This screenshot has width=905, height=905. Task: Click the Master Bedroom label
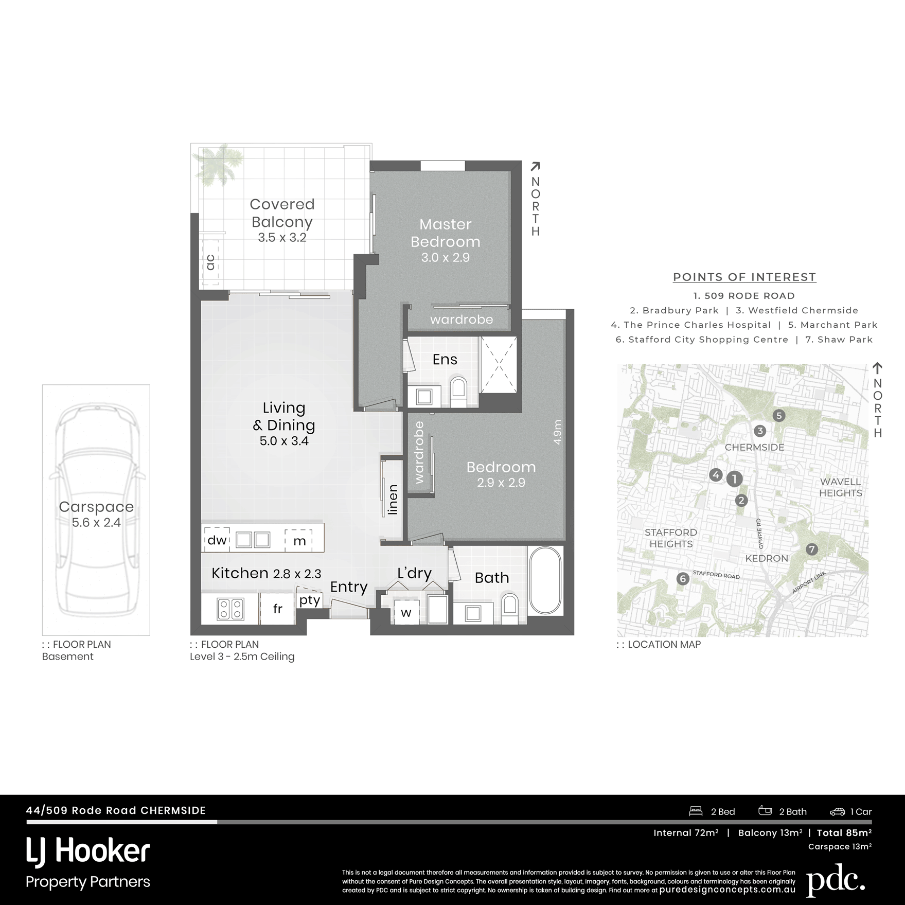[446, 233]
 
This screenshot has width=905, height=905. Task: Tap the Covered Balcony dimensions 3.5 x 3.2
[282, 238]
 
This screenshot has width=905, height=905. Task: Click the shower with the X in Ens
[498, 364]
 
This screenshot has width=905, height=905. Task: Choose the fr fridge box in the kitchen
[277, 609]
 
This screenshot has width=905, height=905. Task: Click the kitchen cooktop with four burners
[230, 609]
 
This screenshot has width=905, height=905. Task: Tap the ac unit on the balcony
[210, 262]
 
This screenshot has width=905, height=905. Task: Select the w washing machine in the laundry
[406, 612]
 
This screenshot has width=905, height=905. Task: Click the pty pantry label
[310, 600]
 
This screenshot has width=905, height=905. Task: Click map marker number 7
[811, 549]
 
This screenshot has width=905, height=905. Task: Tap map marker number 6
[683, 579]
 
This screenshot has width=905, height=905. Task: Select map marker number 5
[779, 416]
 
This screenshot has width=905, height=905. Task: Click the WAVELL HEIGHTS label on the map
[840, 487]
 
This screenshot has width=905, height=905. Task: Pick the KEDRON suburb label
[767, 558]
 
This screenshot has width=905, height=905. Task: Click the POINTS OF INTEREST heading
[744, 277]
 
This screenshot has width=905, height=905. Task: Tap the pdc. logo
[836, 881]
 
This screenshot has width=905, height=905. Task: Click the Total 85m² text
[844, 833]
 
